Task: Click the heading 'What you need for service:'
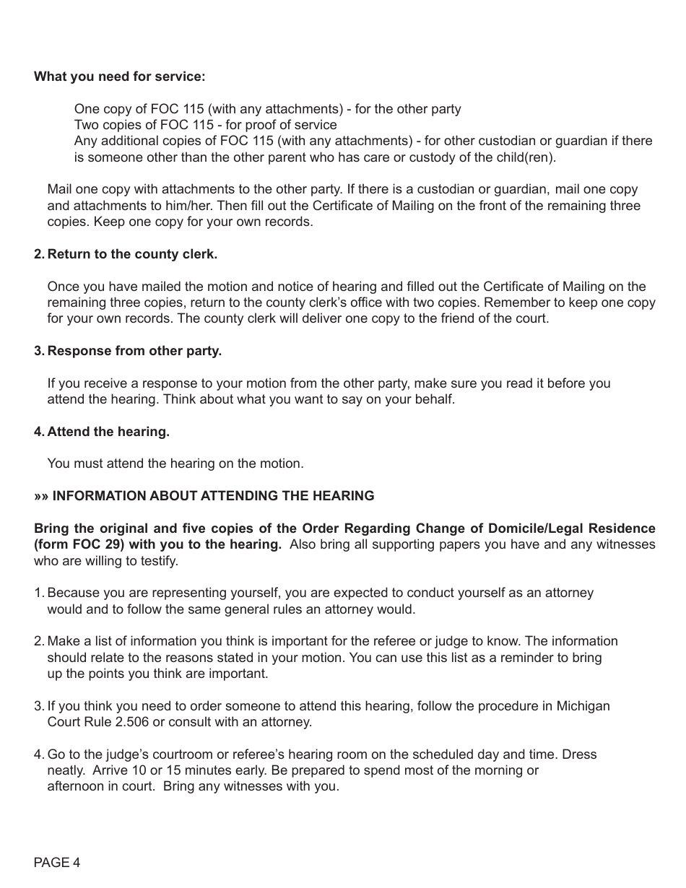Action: click(119, 77)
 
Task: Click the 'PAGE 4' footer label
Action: click(57, 863)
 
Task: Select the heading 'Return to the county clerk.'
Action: click(131, 254)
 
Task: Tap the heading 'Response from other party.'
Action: click(134, 351)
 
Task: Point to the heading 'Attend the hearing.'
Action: click(108, 432)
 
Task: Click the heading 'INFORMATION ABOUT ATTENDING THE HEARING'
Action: click(213, 496)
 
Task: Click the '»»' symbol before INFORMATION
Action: click(41, 496)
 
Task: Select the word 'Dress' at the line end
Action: click(580, 754)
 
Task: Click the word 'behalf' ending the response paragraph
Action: click(435, 399)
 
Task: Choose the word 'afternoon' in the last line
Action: click(76, 786)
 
